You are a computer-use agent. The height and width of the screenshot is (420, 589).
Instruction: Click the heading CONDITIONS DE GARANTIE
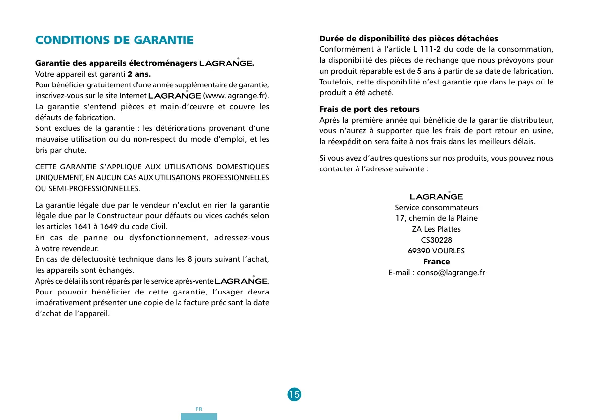[x=114, y=40]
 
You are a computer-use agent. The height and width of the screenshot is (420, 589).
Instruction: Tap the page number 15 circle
[x=294, y=394]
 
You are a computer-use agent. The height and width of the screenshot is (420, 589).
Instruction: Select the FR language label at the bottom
[x=199, y=409]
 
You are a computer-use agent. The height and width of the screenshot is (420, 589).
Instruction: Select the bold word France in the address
[x=436, y=261]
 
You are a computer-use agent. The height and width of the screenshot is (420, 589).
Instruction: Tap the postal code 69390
[x=419, y=251]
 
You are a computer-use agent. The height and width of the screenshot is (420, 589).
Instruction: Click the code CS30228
[x=436, y=240]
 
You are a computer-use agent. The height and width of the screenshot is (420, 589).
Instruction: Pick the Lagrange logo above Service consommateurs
[x=436, y=196]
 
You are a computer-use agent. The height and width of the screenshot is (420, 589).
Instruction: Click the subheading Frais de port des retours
[x=369, y=109]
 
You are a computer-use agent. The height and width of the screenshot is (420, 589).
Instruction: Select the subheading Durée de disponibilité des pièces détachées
[x=408, y=38]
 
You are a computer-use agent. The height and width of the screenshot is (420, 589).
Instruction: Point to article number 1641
[x=82, y=227]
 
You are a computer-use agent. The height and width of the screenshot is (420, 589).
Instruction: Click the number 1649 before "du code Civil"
[x=109, y=227]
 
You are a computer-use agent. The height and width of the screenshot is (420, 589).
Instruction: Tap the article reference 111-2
[x=431, y=49]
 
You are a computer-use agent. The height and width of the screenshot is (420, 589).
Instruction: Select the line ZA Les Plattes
[x=436, y=229]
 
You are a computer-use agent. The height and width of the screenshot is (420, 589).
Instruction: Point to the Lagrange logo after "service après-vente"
[x=241, y=281]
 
